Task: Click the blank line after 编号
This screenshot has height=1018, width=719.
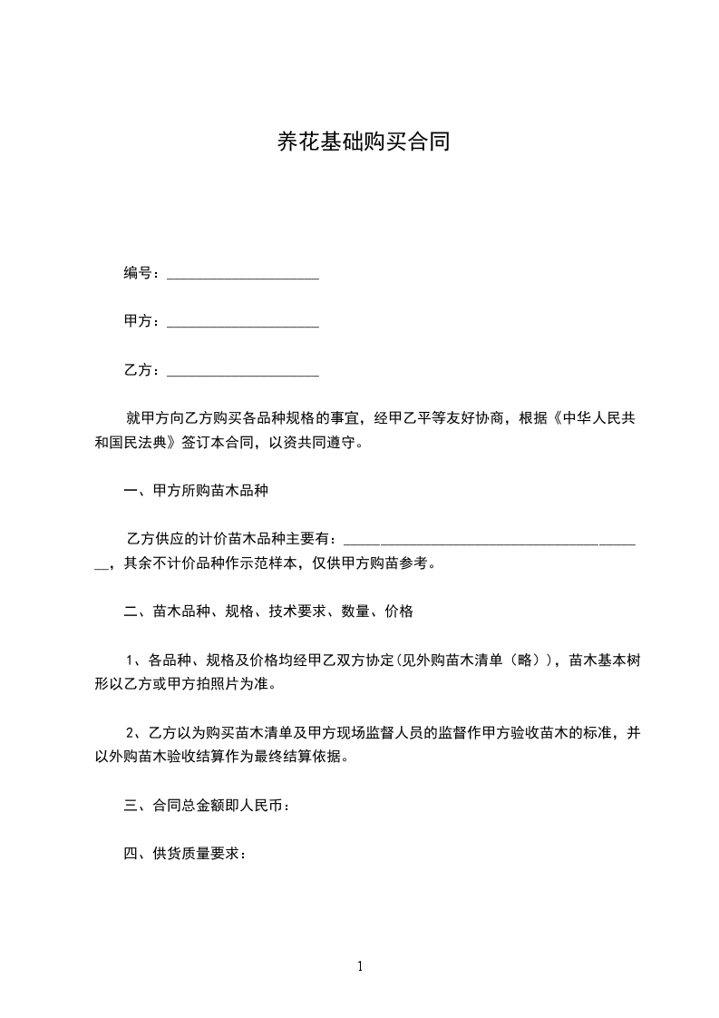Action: [x=243, y=274]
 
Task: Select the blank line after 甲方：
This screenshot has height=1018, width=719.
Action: [x=243, y=322]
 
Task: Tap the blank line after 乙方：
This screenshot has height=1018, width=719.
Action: [x=243, y=371]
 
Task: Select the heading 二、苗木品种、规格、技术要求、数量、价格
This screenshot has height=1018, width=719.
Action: [x=268, y=612]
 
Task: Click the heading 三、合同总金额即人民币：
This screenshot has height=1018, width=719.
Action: [x=207, y=805]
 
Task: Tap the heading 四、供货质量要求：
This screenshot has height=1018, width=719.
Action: [x=185, y=853]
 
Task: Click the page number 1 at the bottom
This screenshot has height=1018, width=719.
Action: [x=360, y=966]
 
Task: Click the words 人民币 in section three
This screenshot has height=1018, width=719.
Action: [x=263, y=805]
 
